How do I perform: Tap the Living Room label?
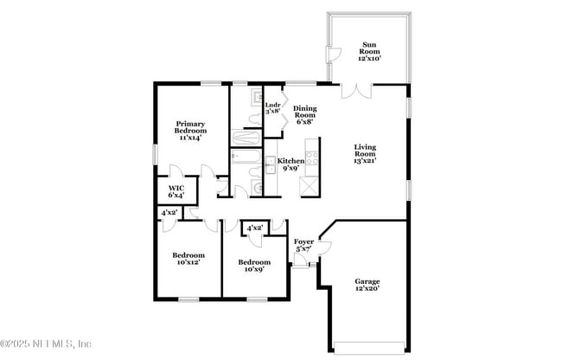click(364, 153)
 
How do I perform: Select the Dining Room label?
click(304, 115)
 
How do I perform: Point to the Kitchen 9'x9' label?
click(291, 164)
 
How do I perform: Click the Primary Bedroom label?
click(190, 131)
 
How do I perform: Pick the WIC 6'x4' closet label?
click(176, 191)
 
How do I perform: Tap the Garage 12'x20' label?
click(367, 285)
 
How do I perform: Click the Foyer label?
click(303, 245)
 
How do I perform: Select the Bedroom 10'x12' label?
click(188, 259)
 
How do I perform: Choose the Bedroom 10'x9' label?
click(254, 266)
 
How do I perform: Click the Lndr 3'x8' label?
click(272, 108)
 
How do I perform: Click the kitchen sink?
click(269, 164)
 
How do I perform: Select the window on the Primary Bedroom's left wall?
click(156, 153)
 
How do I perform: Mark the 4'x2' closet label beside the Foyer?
click(254, 228)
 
